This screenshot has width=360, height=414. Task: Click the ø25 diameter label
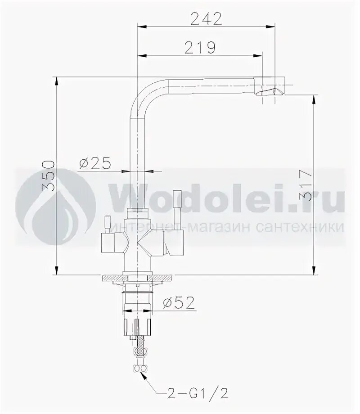(95, 163)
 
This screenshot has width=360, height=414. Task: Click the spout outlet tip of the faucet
(270, 93)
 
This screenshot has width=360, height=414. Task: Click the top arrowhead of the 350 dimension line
(56, 80)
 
